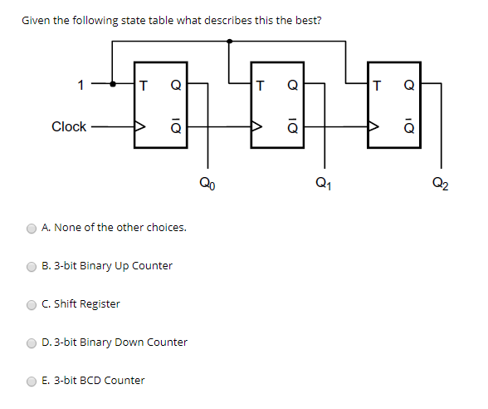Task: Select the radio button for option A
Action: (x=32, y=228)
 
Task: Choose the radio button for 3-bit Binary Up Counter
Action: (x=32, y=266)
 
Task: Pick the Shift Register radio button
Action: (x=32, y=304)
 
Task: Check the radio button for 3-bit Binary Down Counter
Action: (x=32, y=342)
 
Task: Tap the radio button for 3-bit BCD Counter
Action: (x=32, y=381)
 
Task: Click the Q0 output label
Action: (x=207, y=184)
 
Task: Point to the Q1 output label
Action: (x=323, y=184)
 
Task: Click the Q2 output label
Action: (x=441, y=184)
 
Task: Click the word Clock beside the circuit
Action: (x=69, y=126)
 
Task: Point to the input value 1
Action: (x=81, y=84)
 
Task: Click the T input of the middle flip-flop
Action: (x=261, y=84)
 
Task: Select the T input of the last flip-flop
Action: (x=378, y=84)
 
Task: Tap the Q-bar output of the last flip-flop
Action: (x=408, y=127)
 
